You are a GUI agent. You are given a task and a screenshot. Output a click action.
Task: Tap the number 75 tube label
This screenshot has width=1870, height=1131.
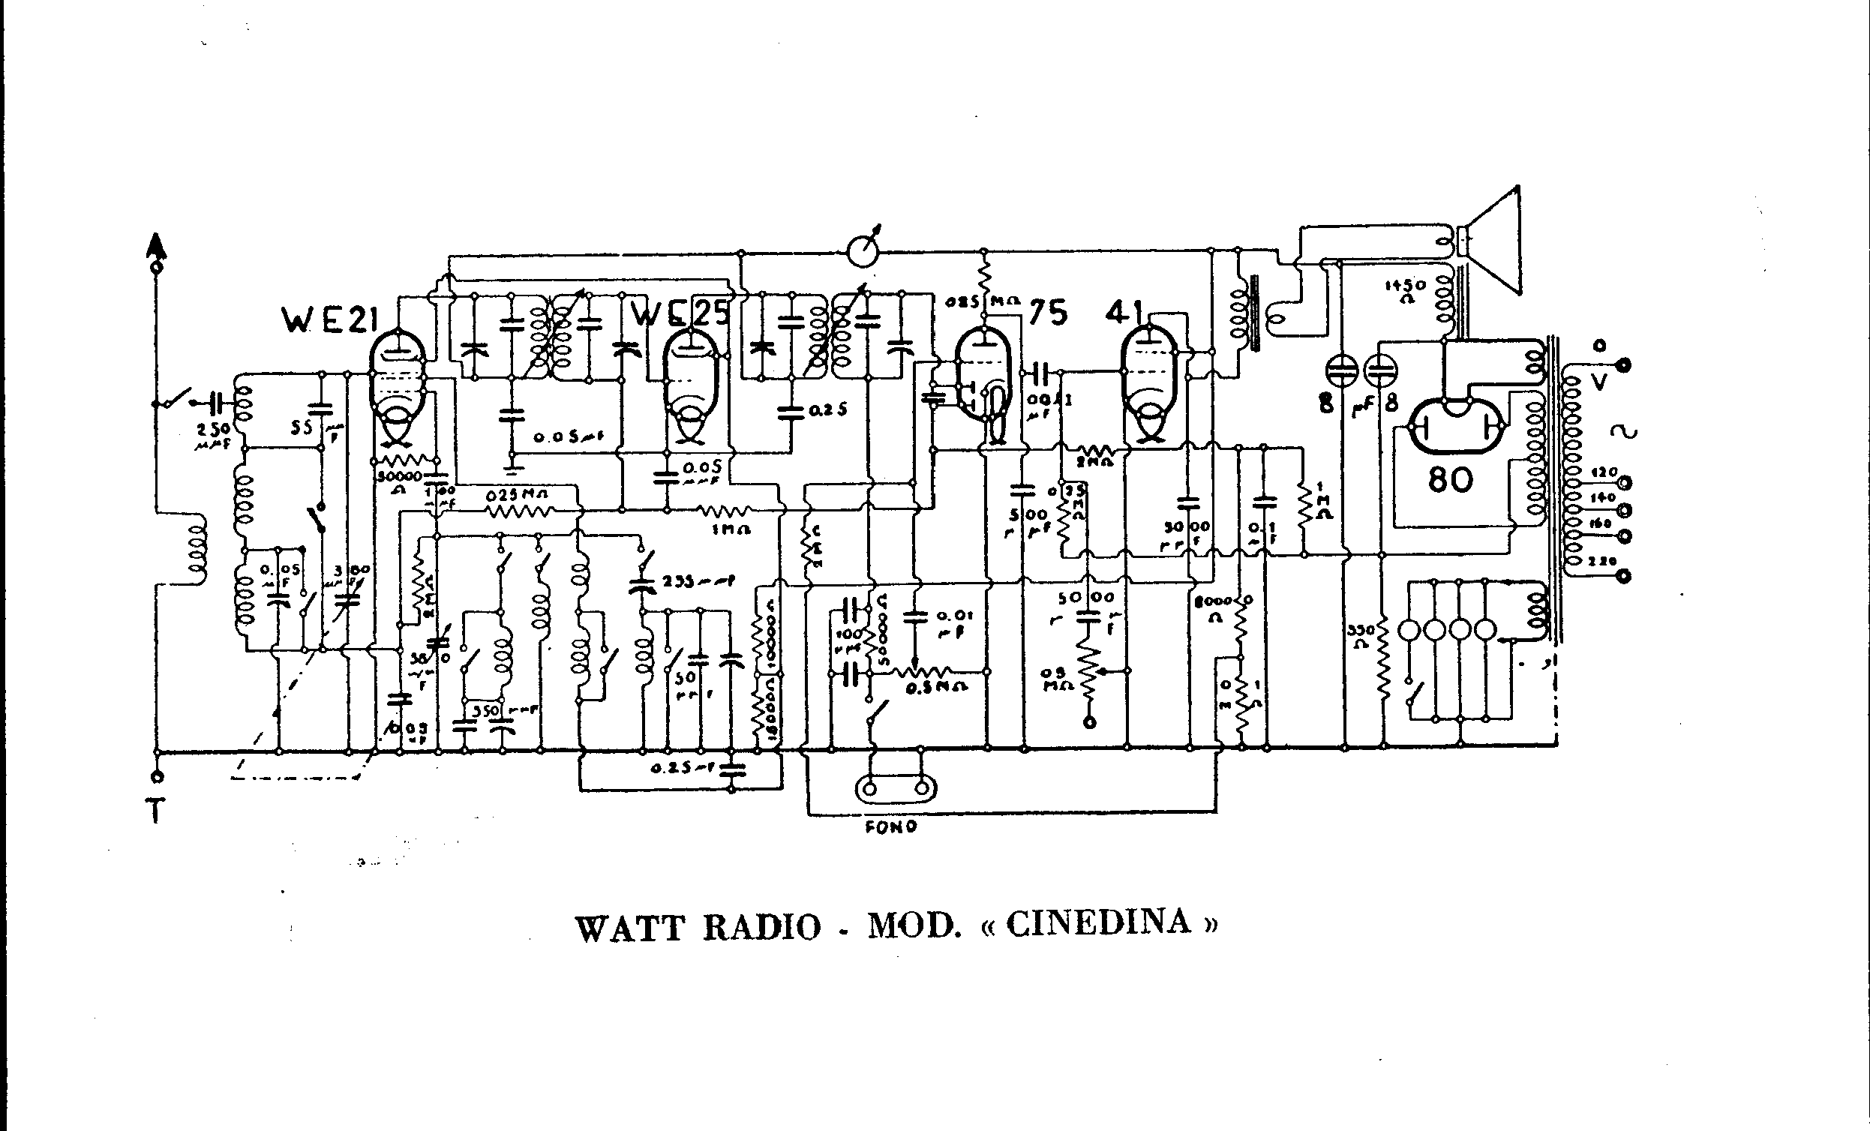point(1048,313)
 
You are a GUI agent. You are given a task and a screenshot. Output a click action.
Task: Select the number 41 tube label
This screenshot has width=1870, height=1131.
point(1124,311)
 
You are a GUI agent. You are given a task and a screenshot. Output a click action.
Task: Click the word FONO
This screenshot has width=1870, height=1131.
point(891,826)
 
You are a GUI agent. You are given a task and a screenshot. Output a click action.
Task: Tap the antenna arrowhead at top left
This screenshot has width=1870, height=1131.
point(156,245)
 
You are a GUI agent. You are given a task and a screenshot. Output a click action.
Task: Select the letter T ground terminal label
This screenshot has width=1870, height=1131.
point(155,812)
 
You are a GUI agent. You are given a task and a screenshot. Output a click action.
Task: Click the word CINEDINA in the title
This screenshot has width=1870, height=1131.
point(1097,923)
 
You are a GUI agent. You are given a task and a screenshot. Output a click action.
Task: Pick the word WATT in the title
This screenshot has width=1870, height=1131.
point(630,928)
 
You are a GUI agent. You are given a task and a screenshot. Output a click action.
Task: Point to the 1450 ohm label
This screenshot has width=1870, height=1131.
point(1406,289)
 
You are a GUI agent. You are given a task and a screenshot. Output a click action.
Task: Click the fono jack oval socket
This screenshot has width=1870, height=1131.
point(896,789)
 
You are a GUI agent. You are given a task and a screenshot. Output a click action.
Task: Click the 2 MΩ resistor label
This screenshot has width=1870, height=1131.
point(1094,460)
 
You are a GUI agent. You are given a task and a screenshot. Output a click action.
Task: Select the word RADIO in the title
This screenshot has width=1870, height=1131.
point(762,928)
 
